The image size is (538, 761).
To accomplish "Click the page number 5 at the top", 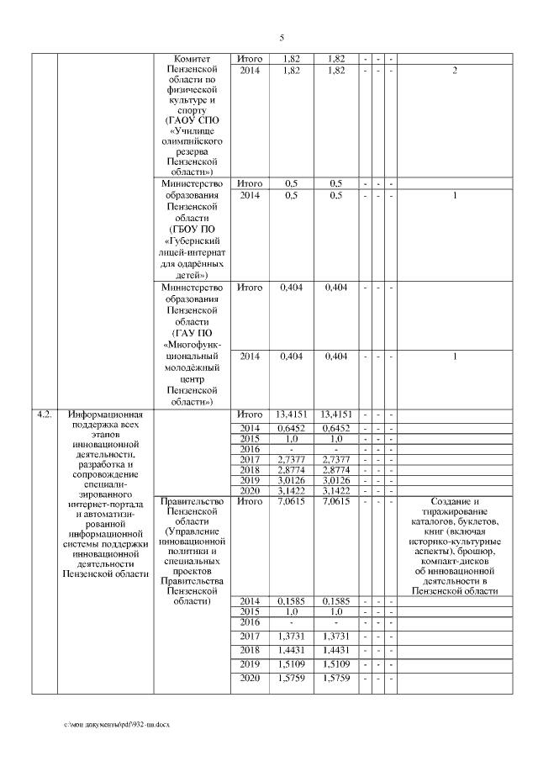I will [282, 37].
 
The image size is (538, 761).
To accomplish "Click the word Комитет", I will [193, 59].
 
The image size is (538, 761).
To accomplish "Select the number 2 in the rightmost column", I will [455, 71].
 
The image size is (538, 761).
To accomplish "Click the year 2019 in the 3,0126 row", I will [250, 480].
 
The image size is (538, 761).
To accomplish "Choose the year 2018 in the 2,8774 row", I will [250, 469].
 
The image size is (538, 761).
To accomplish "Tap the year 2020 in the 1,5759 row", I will [250, 678].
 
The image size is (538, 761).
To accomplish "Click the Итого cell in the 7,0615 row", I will [250, 502].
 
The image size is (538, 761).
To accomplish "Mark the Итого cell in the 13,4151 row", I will [250, 415].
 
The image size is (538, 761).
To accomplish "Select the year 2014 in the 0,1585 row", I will [250, 601].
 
